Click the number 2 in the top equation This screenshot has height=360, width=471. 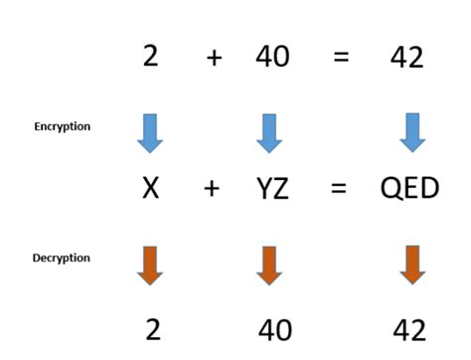(150, 56)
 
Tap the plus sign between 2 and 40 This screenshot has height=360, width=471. (215, 57)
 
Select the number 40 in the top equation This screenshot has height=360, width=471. (272, 56)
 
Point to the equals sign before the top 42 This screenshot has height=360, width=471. (341, 57)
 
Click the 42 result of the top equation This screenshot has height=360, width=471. (407, 57)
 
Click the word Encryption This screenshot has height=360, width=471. (63, 126)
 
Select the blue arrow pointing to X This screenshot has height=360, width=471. (150, 132)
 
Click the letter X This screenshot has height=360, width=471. (150, 187)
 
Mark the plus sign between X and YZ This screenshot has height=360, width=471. (212, 187)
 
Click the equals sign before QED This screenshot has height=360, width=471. (339, 188)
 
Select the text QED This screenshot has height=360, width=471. (409, 187)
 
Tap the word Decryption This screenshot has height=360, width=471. (62, 259)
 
